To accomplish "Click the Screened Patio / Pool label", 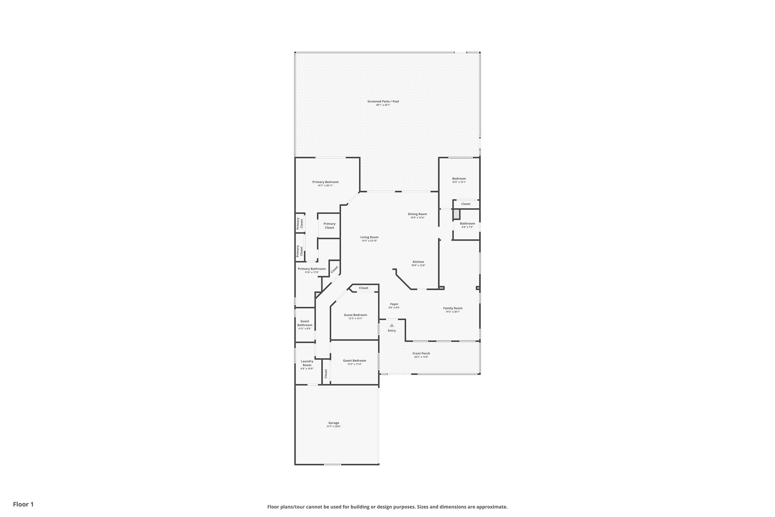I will coord(383,102).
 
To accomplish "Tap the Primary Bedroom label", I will coord(325,182).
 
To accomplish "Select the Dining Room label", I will coord(417,214).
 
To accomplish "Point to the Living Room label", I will coord(369,237).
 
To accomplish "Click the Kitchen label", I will coord(418,262).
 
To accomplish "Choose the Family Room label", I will coord(453,308).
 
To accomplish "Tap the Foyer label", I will coord(394,304).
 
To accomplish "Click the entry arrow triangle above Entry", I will coord(392,325).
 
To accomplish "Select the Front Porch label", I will coord(421,353).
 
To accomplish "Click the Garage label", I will coord(334,423).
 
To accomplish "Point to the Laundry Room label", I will coord(307,363).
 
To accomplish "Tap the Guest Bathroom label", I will coord(305,323).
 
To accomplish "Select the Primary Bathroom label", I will coord(311,269).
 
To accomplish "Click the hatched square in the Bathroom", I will coord(457,214).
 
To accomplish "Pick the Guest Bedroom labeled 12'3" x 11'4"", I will coord(355,361).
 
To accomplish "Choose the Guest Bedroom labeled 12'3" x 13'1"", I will coord(355,315).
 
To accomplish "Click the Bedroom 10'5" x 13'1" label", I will coord(459,179).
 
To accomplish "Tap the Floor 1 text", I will coord(23,505).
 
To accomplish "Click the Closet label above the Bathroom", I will coord(466,204).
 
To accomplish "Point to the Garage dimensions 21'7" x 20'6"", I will coord(334,427).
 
